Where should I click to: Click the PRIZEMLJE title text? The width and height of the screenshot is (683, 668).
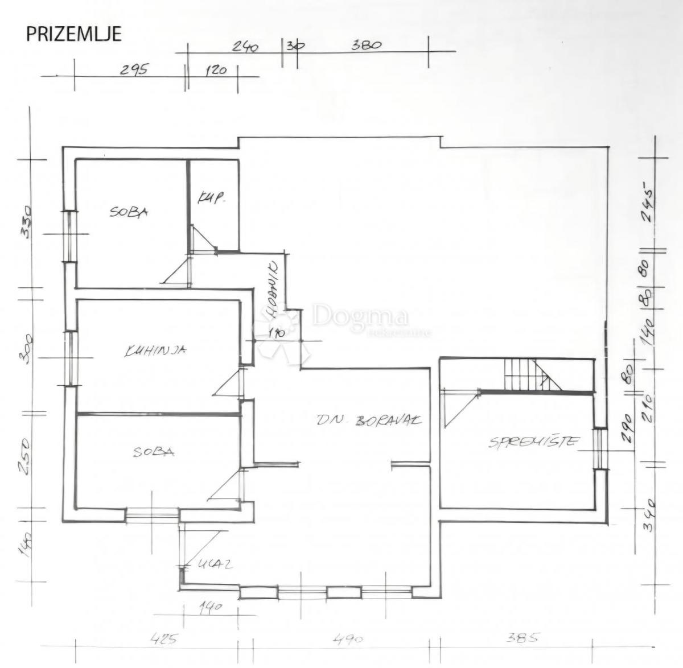(74, 34)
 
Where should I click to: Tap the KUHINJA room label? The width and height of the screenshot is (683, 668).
(155, 351)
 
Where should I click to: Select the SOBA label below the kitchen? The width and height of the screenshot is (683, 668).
(154, 452)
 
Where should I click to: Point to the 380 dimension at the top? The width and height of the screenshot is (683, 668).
(365, 45)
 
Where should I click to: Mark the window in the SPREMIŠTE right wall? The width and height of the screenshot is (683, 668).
(599, 448)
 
